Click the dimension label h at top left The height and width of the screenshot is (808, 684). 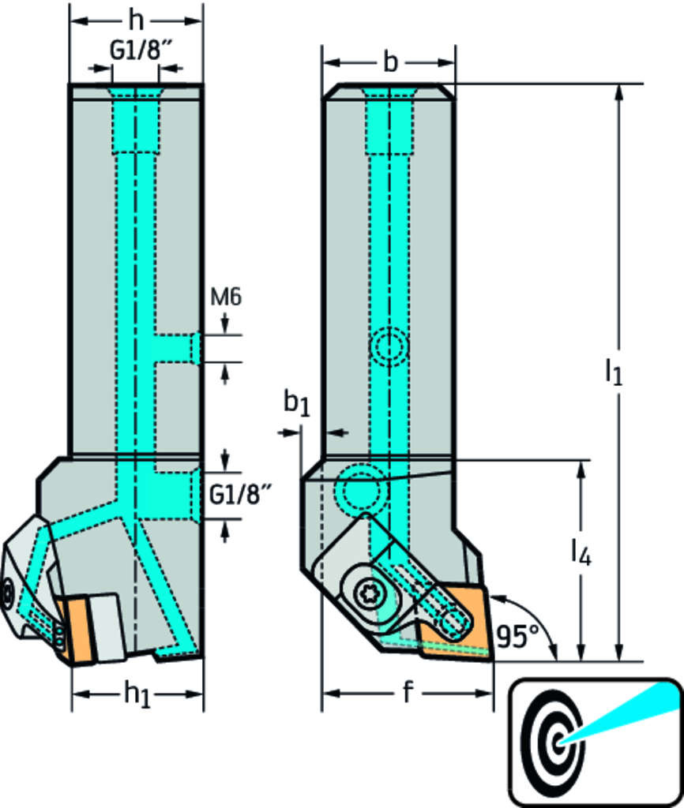tap(137, 19)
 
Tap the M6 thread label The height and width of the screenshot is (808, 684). tap(226, 297)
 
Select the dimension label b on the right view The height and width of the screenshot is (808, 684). tap(389, 62)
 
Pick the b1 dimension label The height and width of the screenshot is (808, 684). tap(296, 403)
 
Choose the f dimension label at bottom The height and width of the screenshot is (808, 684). tap(408, 693)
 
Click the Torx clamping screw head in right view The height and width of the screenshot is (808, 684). tap(368, 593)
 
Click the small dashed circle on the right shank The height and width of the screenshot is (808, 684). tap(389, 346)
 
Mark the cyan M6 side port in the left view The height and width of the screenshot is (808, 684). tap(175, 348)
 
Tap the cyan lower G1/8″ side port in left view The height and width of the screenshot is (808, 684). tap(175, 495)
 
